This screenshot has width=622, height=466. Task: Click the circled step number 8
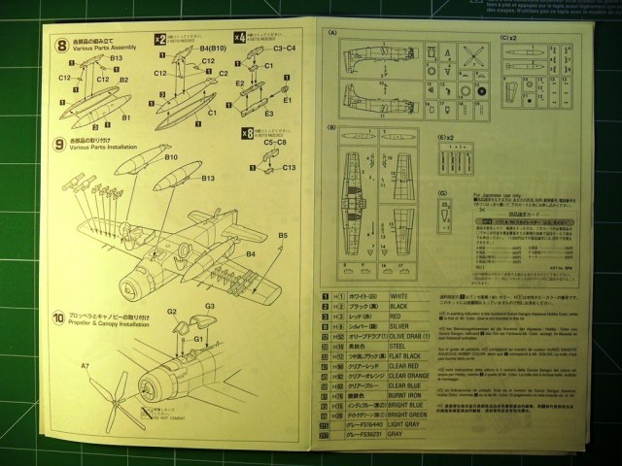[x=61, y=46]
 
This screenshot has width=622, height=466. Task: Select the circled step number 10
[x=61, y=316]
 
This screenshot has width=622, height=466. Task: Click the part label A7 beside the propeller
[x=86, y=365]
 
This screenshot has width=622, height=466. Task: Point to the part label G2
[x=171, y=312]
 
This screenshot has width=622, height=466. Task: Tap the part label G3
[x=209, y=307]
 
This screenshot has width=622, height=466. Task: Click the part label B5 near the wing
[x=283, y=236]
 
